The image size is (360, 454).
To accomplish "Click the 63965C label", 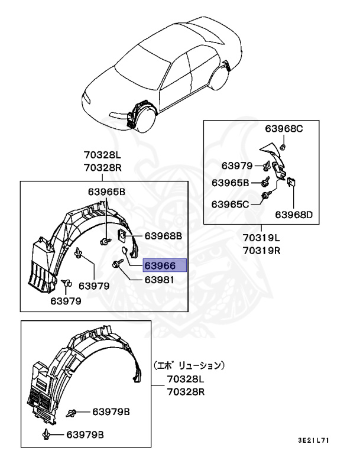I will click(231, 204).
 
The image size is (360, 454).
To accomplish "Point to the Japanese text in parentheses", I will click(189, 365).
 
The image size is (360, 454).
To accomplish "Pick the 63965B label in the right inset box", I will click(231, 183).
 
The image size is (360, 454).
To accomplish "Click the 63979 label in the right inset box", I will click(237, 166).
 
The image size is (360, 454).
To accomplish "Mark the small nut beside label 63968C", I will click(283, 145).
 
